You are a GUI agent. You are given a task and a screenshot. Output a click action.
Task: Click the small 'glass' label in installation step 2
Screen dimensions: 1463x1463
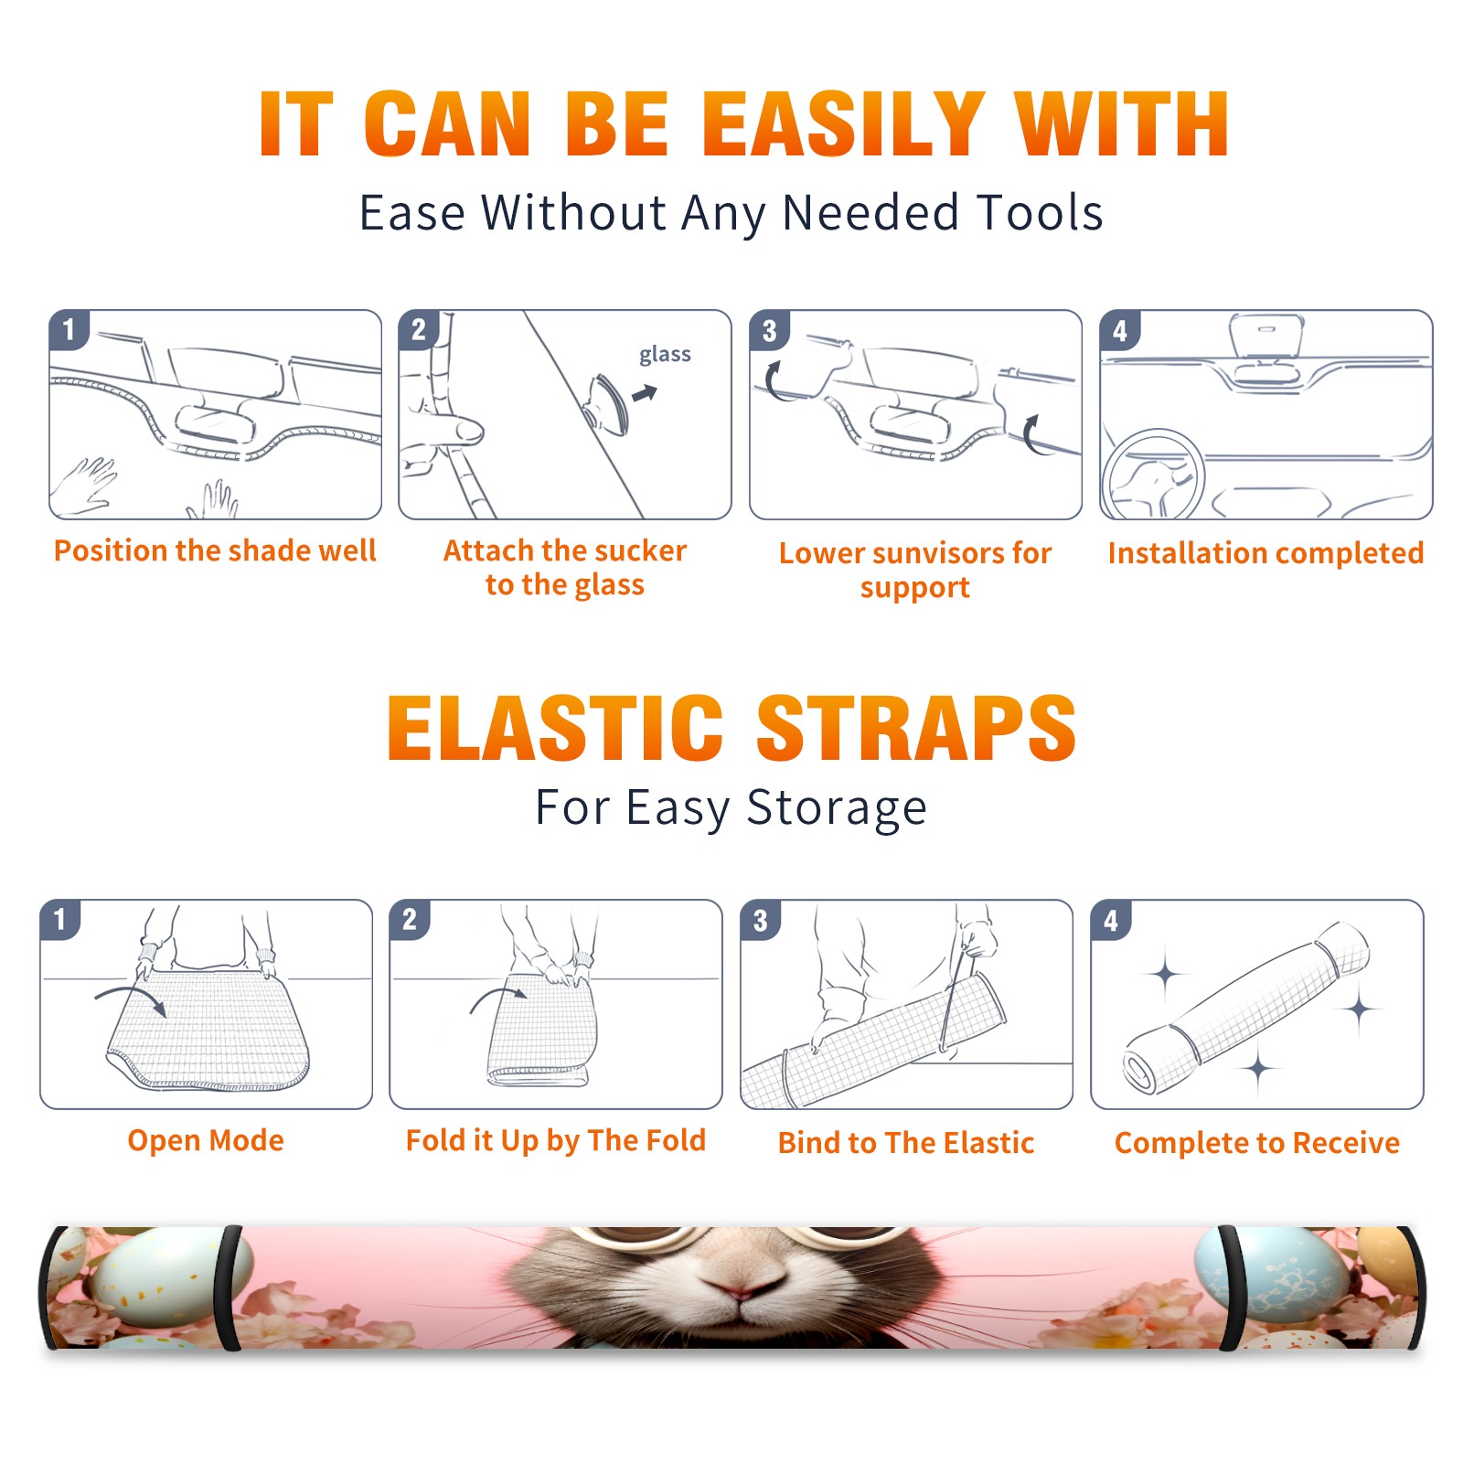pyautogui.click(x=665, y=354)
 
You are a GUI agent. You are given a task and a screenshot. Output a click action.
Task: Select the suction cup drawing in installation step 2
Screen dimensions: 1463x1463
pyautogui.click(x=608, y=404)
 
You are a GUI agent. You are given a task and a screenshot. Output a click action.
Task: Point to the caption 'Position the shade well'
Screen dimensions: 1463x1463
pyautogui.click(x=215, y=550)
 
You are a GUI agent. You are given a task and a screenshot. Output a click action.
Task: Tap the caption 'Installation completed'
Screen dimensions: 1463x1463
pyautogui.click(x=1265, y=553)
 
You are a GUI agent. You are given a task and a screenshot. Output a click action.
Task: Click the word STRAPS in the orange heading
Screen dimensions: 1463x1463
pyautogui.click(x=916, y=728)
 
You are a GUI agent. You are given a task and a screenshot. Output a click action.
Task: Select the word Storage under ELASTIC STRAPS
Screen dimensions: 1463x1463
pyautogui.click(x=837, y=808)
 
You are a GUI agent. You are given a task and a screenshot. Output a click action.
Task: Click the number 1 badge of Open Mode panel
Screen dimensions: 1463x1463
pyautogui.click(x=60, y=920)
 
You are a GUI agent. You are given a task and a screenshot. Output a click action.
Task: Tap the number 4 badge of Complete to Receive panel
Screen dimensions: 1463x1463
pyautogui.click(x=1111, y=920)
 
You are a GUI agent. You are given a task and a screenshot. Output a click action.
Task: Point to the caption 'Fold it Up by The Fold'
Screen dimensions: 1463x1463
pyautogui.click(x=556, y=1140)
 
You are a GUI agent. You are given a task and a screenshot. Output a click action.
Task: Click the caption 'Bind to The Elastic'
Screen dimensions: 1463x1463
pyautogui.click(x=906, y=1143)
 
